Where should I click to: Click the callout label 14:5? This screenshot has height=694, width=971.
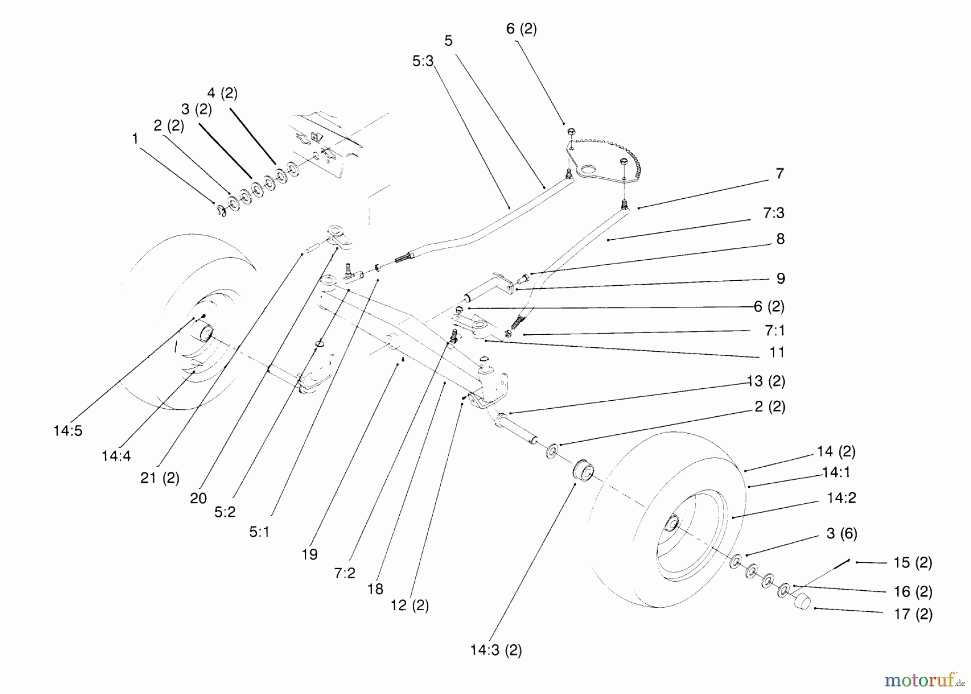(67, 431)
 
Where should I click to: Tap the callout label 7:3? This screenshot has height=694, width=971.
(773, 213)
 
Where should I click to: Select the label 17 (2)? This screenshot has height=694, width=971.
(913, 614)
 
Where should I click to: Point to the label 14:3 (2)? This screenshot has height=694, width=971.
(496, 650)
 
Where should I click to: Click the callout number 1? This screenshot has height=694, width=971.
(135, 139)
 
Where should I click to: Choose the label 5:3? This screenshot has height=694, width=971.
(423, 62)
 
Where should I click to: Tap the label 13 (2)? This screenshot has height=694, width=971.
(765, 381)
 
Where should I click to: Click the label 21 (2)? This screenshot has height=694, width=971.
(160, 478)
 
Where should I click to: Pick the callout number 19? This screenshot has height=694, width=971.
(310, 554)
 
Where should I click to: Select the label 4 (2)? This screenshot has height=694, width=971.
(222, 93)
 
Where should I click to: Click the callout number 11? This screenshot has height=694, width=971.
(776, 353)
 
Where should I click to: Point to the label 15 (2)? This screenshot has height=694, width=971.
(913, 563)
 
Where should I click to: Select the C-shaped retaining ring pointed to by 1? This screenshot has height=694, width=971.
(220, 210)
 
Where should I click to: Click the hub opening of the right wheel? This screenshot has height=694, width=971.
(673, 523)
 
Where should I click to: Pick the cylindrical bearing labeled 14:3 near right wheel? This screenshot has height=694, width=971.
(583, 471)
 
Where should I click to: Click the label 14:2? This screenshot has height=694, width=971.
(842, 498)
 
